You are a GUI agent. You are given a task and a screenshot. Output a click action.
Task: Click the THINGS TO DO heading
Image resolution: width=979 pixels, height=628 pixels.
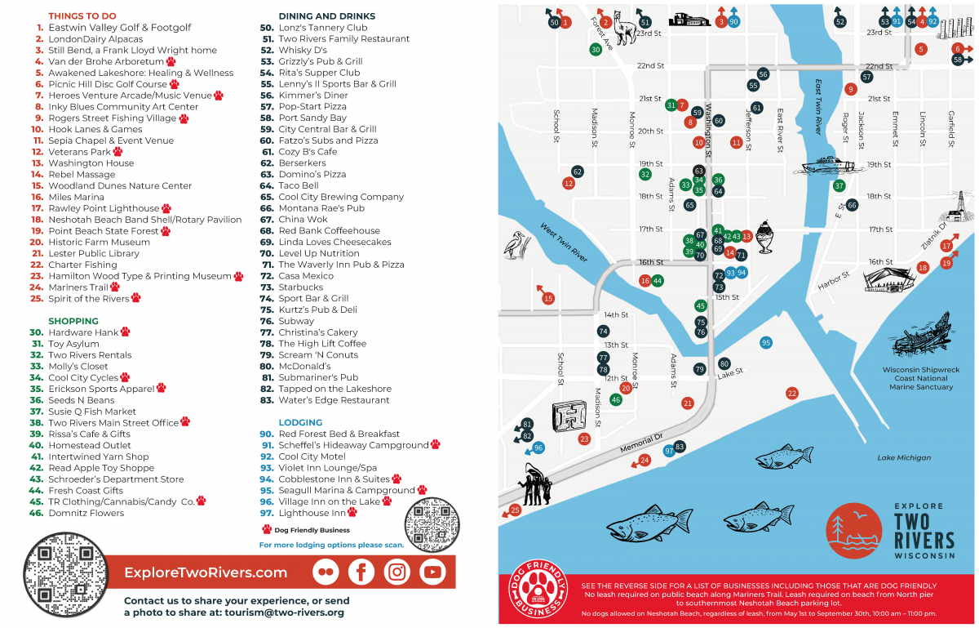click(82, 16)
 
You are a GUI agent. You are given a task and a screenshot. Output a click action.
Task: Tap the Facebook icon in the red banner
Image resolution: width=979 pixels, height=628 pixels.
click(361, 572)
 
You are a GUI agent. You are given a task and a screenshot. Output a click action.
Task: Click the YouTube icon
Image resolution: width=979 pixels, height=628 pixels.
click(432, 572)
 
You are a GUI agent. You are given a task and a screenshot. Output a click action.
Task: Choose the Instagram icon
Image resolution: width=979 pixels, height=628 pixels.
click(397, 572)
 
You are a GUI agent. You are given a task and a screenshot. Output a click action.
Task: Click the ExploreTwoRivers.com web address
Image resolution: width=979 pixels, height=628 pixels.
click(206, 572)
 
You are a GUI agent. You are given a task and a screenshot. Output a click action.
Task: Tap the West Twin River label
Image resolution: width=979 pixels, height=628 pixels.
click(563, 243)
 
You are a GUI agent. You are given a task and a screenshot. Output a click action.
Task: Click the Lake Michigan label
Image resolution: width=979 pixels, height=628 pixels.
click(904, 458)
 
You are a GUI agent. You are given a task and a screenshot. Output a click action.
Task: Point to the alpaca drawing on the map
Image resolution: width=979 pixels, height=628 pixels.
click(626, 30)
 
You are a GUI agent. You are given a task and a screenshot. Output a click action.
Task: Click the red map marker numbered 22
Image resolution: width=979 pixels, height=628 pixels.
click(791, 394)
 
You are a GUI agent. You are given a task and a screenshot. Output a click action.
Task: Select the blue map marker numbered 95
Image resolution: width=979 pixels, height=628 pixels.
click(765, 343)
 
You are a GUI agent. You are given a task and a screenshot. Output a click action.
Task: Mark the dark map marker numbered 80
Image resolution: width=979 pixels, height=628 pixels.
click(724, 363)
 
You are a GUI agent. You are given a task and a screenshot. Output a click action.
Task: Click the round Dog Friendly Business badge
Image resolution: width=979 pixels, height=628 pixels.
click(538, 590)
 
